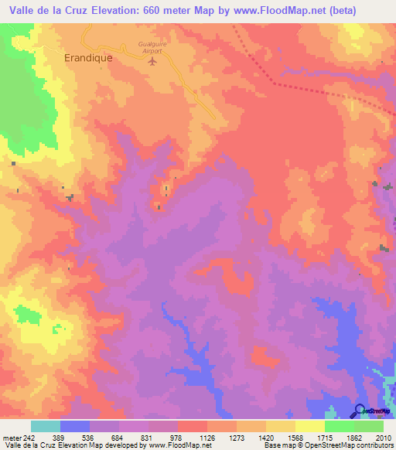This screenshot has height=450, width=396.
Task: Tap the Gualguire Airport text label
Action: pyautogui.click(x=153, y=49)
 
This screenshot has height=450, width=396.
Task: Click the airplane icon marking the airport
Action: pyautogui.click(x=153, y=61)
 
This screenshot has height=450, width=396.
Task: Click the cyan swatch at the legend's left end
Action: pyautogui.click(x=45, y=426)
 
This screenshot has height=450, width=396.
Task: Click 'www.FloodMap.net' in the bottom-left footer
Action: pyautogui.click(x=179, y=445)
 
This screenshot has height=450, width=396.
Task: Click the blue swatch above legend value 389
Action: pyautogui.click(x=75, y=426)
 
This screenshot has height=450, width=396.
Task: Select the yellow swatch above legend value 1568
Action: pyautogui.click(x=281, y=426)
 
